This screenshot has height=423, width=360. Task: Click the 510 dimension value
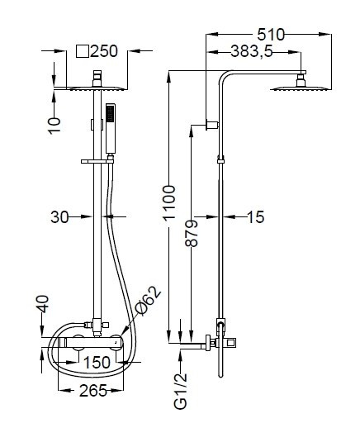tap(271, 35)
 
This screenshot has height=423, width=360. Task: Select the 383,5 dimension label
tap(252, 51)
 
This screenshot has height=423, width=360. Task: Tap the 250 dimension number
tap(104, 51)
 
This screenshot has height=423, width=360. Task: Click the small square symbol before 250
tap(83, 51)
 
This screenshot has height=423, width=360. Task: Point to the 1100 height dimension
tap(169, 202)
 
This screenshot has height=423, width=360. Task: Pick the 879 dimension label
tap(192, 233)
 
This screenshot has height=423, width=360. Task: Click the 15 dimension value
tap(256, 217)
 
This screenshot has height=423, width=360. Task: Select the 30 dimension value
tap(59, 217)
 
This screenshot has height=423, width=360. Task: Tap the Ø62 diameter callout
tap(149, 301)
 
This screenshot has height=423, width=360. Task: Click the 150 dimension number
tap(97, 363)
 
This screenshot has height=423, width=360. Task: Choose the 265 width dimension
tap(93, 391)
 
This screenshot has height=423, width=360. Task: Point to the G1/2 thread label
tap(181, 391)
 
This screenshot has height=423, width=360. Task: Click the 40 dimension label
tap(43, 304)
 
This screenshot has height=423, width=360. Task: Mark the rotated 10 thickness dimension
tap(54, 126)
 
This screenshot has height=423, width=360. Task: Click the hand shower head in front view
tap(111, 128)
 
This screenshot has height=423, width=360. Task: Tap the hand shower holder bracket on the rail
tap(97, 161)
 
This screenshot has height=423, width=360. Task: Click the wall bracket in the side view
tap(212, 125)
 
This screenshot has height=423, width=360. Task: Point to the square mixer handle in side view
tap(233, 343)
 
